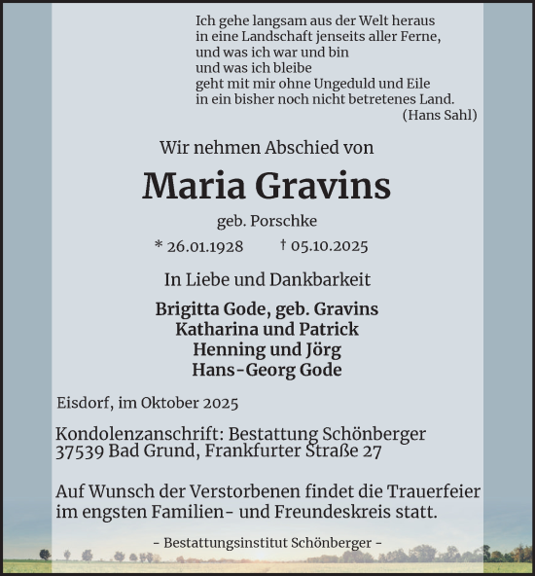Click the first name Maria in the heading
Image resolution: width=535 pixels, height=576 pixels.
[x=191, y=186]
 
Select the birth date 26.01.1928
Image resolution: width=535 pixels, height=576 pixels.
[x=204, y=246]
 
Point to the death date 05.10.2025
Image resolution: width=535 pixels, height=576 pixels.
[x=331, y=246]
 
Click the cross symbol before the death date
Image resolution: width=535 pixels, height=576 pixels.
[x=282, y=246]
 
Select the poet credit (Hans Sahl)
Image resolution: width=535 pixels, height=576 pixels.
[x=440, y=115]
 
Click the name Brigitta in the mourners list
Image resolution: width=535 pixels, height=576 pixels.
[x=188, y=308]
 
